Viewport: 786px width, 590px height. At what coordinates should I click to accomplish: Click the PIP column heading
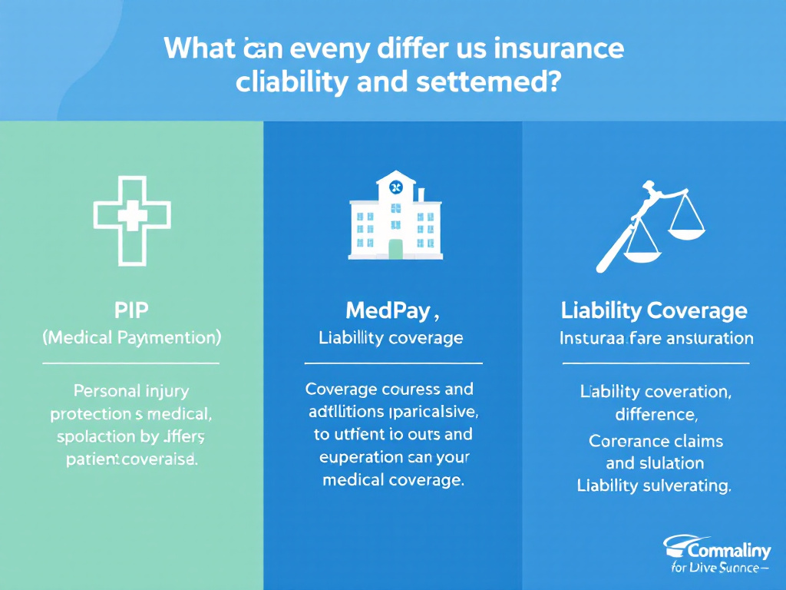click(131, 310)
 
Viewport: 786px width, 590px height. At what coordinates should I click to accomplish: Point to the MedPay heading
click(391, 310)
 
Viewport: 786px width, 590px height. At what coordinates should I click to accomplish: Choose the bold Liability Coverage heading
click(654, 310)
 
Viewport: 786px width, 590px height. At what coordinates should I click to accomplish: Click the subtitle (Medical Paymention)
click(131, 336)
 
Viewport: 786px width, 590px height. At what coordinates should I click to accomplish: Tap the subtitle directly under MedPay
click(391, 337)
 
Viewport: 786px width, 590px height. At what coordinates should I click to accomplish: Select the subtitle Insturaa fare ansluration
click(656, 337)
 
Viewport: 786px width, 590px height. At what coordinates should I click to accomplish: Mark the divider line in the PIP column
click(131, 361)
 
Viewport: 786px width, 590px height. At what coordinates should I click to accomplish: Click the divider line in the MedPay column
click(393, 361)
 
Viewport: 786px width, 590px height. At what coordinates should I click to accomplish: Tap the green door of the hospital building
click(395, 248)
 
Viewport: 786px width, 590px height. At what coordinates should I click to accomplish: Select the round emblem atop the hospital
click(395, 187)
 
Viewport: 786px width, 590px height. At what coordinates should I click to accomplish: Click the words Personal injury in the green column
click(131, 391)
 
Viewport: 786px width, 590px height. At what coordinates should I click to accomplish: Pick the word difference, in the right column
click(656, 416)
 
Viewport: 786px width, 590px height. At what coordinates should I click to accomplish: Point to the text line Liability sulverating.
click(654, 485)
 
